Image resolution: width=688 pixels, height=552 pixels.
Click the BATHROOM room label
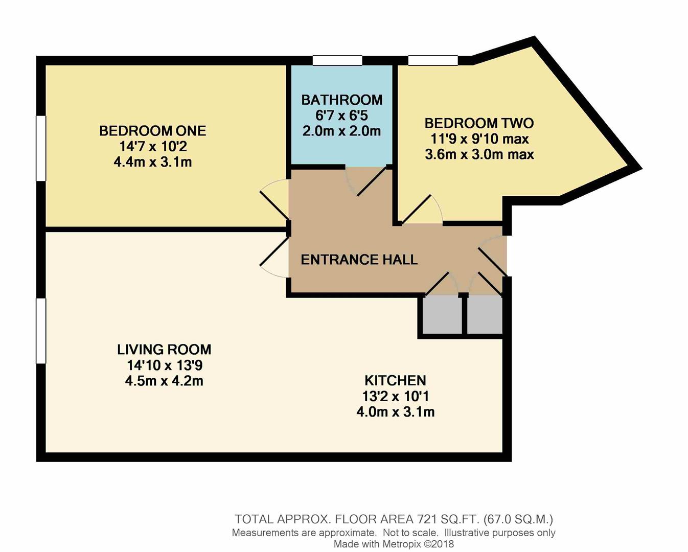point(342,100)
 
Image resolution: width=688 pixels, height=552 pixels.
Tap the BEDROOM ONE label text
point(152,131)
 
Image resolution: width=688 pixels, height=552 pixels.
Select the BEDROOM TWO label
point(479,123)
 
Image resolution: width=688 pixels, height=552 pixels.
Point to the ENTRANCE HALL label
point(359,260)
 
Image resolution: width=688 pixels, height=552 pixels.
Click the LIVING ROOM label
point(164,350)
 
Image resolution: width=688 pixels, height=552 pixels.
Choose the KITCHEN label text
point(396,381)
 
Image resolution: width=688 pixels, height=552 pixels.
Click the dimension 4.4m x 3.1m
point(152,162)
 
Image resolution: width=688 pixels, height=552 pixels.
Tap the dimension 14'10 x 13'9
point(165,365)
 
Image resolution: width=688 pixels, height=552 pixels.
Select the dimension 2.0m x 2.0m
point(341,131)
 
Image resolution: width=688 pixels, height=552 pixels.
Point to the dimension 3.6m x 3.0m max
point(479,154)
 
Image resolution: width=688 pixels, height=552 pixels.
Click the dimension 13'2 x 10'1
point(396,396)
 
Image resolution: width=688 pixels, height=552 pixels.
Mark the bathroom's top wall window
point(337,60)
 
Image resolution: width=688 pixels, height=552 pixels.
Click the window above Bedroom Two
point(433,60)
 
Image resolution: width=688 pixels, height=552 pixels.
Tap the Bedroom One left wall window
point(41,148)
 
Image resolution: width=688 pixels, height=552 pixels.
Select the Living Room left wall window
point(41,331)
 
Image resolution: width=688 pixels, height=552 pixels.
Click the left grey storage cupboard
point(442,315)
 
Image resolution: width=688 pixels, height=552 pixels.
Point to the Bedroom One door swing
point(275,199)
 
